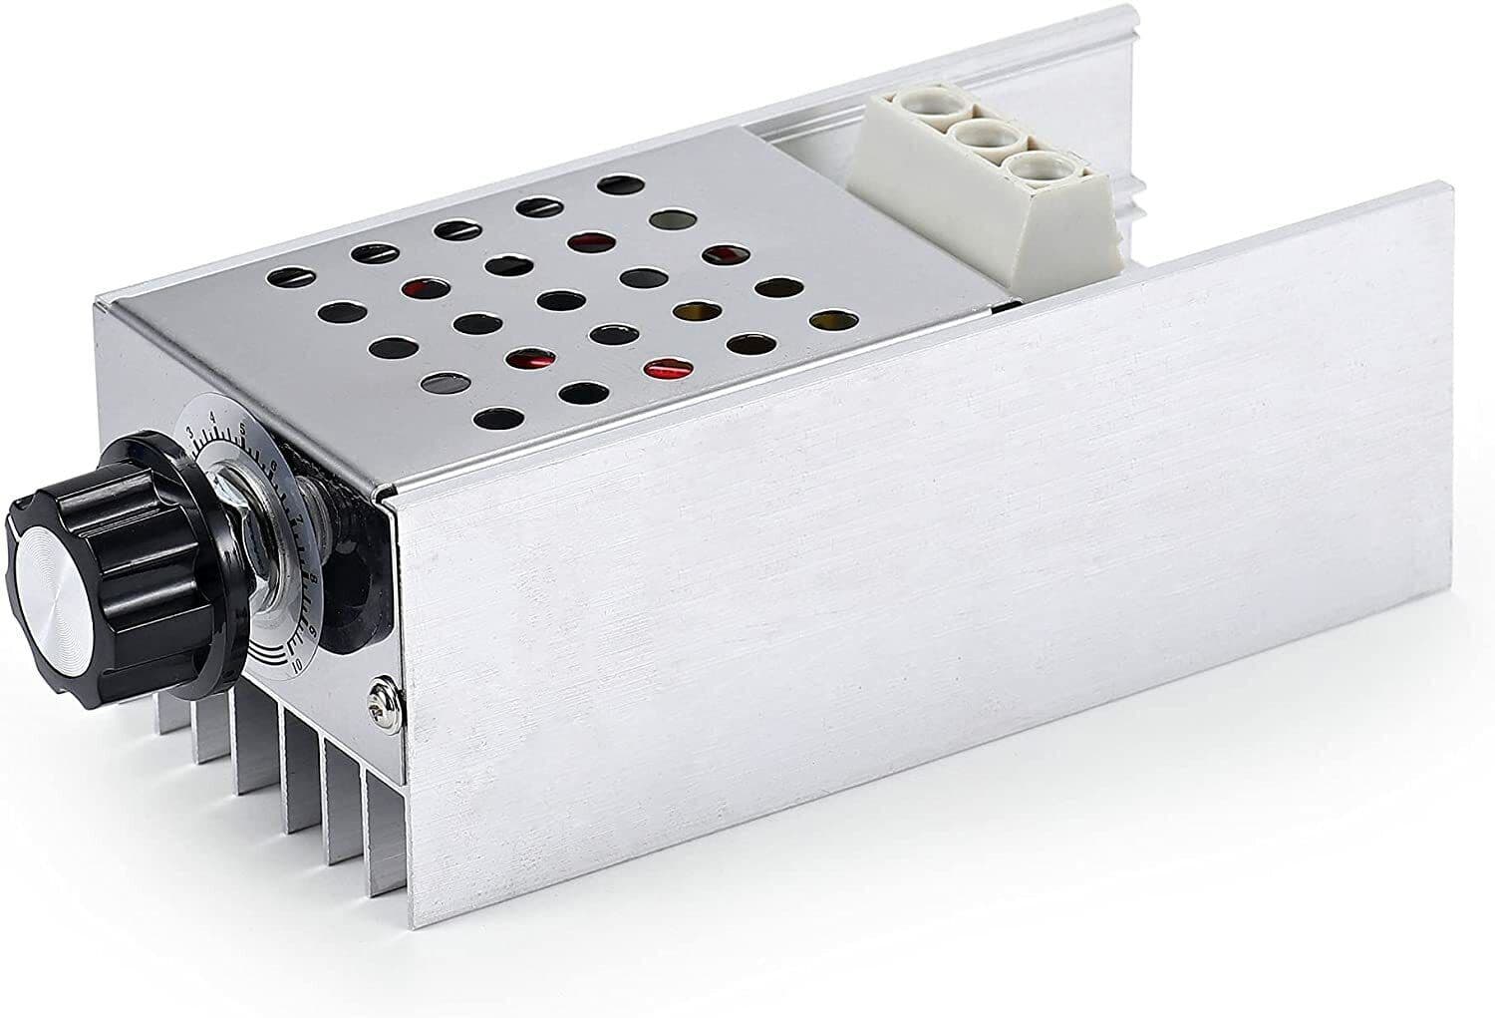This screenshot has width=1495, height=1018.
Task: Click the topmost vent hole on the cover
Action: tap(618, 184)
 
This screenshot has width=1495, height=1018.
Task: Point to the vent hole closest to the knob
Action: tap(442, 382)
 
